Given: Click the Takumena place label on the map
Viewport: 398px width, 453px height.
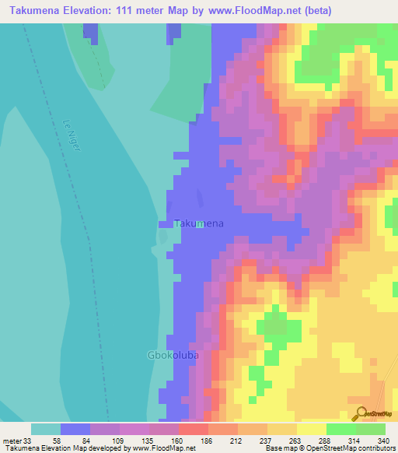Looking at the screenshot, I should click(200, 223).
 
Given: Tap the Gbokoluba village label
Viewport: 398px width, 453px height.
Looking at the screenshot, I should click(173, 355).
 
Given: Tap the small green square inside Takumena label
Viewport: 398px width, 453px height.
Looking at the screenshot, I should click(199, 223).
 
